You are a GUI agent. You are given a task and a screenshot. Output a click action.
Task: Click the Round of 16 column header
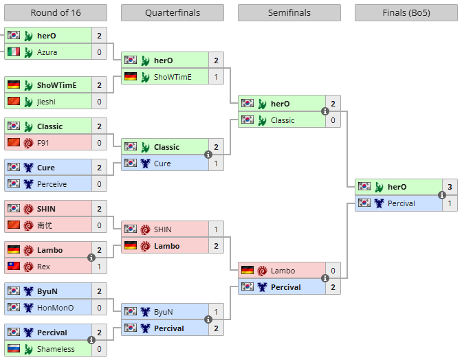(x=56, y=12)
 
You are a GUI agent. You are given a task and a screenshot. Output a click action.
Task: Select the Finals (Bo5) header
(x=406, y=12)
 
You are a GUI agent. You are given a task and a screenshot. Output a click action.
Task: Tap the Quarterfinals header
(x=173, y=12)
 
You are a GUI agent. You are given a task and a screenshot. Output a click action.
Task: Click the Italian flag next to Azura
(x=14, y=52)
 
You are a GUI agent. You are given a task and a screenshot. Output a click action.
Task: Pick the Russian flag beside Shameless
(x=14, y=348)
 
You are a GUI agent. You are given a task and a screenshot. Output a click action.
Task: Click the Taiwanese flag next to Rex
(x=14, y=266)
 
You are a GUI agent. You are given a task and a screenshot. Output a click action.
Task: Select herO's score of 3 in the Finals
(x=450, y=187)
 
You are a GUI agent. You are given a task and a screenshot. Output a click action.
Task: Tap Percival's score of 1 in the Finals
(x=450, y=203)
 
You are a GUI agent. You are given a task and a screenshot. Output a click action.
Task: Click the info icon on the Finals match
(x=441, y=195)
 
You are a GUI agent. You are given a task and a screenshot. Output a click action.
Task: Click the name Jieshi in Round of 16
(x=46, y=102)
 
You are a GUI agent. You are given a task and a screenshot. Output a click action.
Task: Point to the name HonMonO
(x=55, y=308)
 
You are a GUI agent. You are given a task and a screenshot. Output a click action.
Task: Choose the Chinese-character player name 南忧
(x=45, y=225)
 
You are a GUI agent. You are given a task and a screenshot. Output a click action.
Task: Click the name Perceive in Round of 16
(x=52, y=184)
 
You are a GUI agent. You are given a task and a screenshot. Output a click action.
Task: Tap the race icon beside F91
(x=28, y=143)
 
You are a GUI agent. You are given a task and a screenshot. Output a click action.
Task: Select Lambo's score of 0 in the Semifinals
(x=333, y=271)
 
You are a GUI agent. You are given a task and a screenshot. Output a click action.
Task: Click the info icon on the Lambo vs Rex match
(x=91, y=258)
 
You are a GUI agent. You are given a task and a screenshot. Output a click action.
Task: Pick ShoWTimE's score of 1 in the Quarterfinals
(x=216, y=77)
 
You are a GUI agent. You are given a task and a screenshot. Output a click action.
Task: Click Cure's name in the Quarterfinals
(x=162, y=164)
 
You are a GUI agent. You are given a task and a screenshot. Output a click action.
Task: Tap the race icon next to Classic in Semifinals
(x=262, y=120)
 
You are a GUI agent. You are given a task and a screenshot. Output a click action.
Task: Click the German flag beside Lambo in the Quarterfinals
(x=130, y=245)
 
